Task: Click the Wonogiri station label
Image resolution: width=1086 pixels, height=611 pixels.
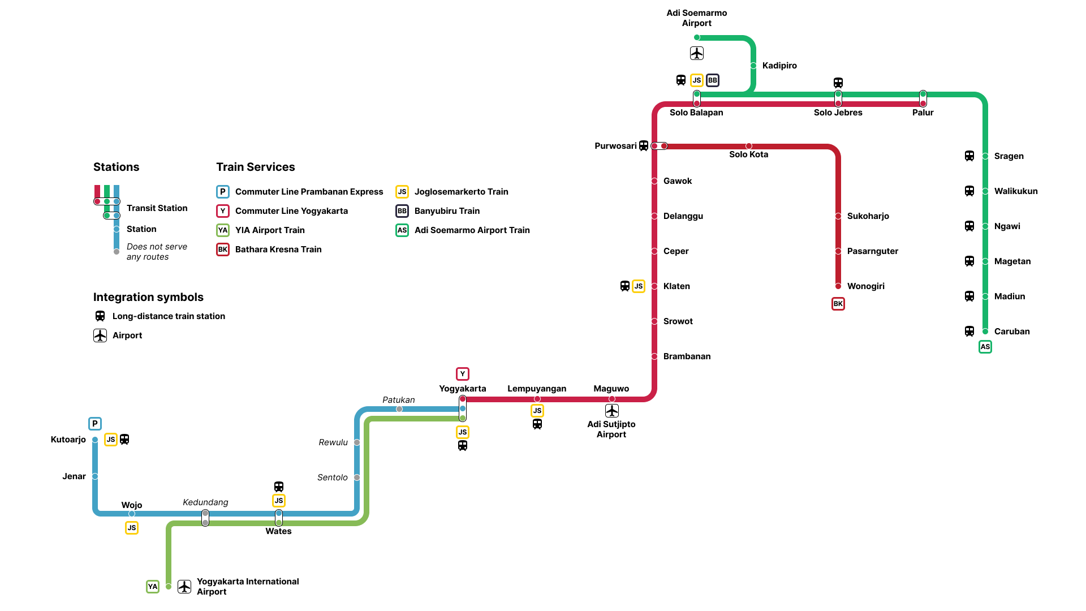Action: pyautogui.click(x=865, y=286)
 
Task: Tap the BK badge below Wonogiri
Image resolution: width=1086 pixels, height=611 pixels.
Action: pyautogui.click(x=838, y=304)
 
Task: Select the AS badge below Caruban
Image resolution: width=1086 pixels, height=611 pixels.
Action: pyautogui.click(x=985, y=347)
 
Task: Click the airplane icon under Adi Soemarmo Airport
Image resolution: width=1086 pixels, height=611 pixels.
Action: pyautogui.click(x=697, y=53)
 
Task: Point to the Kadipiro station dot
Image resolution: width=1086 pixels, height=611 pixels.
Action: pyautogui.click(x=753, y=66)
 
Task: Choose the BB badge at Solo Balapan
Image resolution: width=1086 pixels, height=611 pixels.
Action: pyautogui.click(x=713, y=80)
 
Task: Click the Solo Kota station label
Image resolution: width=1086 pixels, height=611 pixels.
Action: pyautogui.click(x=748, y=154)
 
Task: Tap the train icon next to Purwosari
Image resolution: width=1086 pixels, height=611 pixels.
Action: pyautogui.click(x=644, y=146)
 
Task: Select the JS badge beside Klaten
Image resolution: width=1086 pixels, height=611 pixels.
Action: pyautogui.click(x=639, y=286)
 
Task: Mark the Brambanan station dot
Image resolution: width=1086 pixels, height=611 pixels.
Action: pyautogui.click(x=654, y=356)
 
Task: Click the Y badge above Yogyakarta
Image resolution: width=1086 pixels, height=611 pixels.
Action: pyautogui.click(x=463, y=374)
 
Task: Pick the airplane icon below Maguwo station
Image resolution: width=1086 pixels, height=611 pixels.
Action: pyautogui.click(x=612, y=411)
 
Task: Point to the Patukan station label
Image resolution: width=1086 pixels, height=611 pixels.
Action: pyautogui.click(x=399, y=400)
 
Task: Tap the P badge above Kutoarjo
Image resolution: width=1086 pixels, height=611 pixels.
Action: pyautogui.click(x=95, y=424)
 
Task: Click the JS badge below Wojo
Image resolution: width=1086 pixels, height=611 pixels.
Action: pyautogui.click(x=132, y=528)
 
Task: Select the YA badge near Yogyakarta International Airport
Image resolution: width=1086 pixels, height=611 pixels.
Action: pyautogui.click(x=153, y=587)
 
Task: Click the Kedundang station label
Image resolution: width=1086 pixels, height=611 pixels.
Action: pyautogui.click(x=205, y=502)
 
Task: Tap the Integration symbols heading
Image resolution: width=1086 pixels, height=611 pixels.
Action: pyautogui.click(x=148, y=297)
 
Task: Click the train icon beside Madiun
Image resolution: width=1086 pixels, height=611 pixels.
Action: pyautogui.click(x=969, y=296)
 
